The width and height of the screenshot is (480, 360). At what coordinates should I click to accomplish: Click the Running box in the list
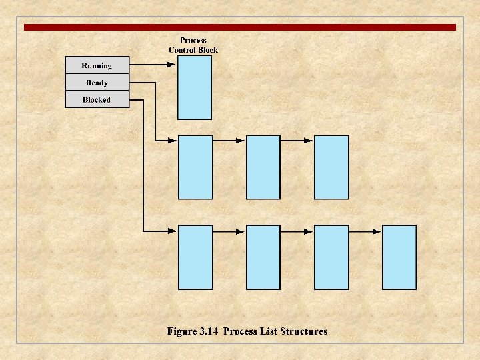(97, 65)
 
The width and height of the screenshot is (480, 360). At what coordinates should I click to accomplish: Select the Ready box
(97, 83)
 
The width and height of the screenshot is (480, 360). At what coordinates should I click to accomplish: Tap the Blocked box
(97, 99)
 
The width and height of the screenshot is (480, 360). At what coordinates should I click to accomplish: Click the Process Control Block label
(193, 45)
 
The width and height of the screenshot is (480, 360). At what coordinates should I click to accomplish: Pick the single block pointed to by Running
(195, 87)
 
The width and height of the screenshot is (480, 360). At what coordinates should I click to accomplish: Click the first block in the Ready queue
(195, 167)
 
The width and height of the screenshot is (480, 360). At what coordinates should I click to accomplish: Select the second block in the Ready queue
(263, 167)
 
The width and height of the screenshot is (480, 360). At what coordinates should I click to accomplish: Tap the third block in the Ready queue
(331, 167)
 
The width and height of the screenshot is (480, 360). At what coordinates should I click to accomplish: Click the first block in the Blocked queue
(195, 257)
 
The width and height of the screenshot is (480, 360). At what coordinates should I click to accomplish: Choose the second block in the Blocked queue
(263, 257)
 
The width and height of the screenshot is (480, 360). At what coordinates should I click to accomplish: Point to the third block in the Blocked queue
(331, 257)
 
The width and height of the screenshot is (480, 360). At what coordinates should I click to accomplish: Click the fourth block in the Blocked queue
(399, 257)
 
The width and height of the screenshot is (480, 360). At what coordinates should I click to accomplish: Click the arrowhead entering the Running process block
(172, 65)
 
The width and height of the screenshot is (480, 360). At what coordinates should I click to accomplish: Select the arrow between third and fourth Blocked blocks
(365, 231)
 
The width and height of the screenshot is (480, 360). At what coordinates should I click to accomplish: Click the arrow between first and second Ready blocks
(229, 141)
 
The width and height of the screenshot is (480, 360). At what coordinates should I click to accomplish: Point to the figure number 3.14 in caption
(210, 331)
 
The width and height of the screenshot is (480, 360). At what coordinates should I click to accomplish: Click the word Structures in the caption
(303, 331)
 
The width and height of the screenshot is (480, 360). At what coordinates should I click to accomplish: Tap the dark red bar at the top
(240, 27)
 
